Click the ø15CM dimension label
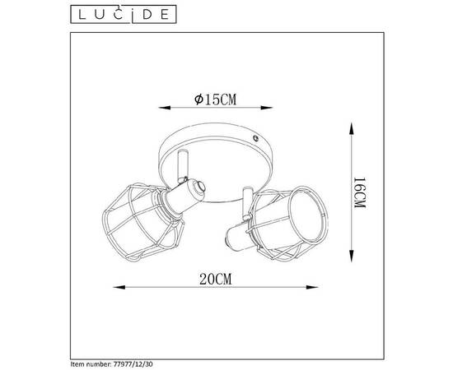click(217, 99)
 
